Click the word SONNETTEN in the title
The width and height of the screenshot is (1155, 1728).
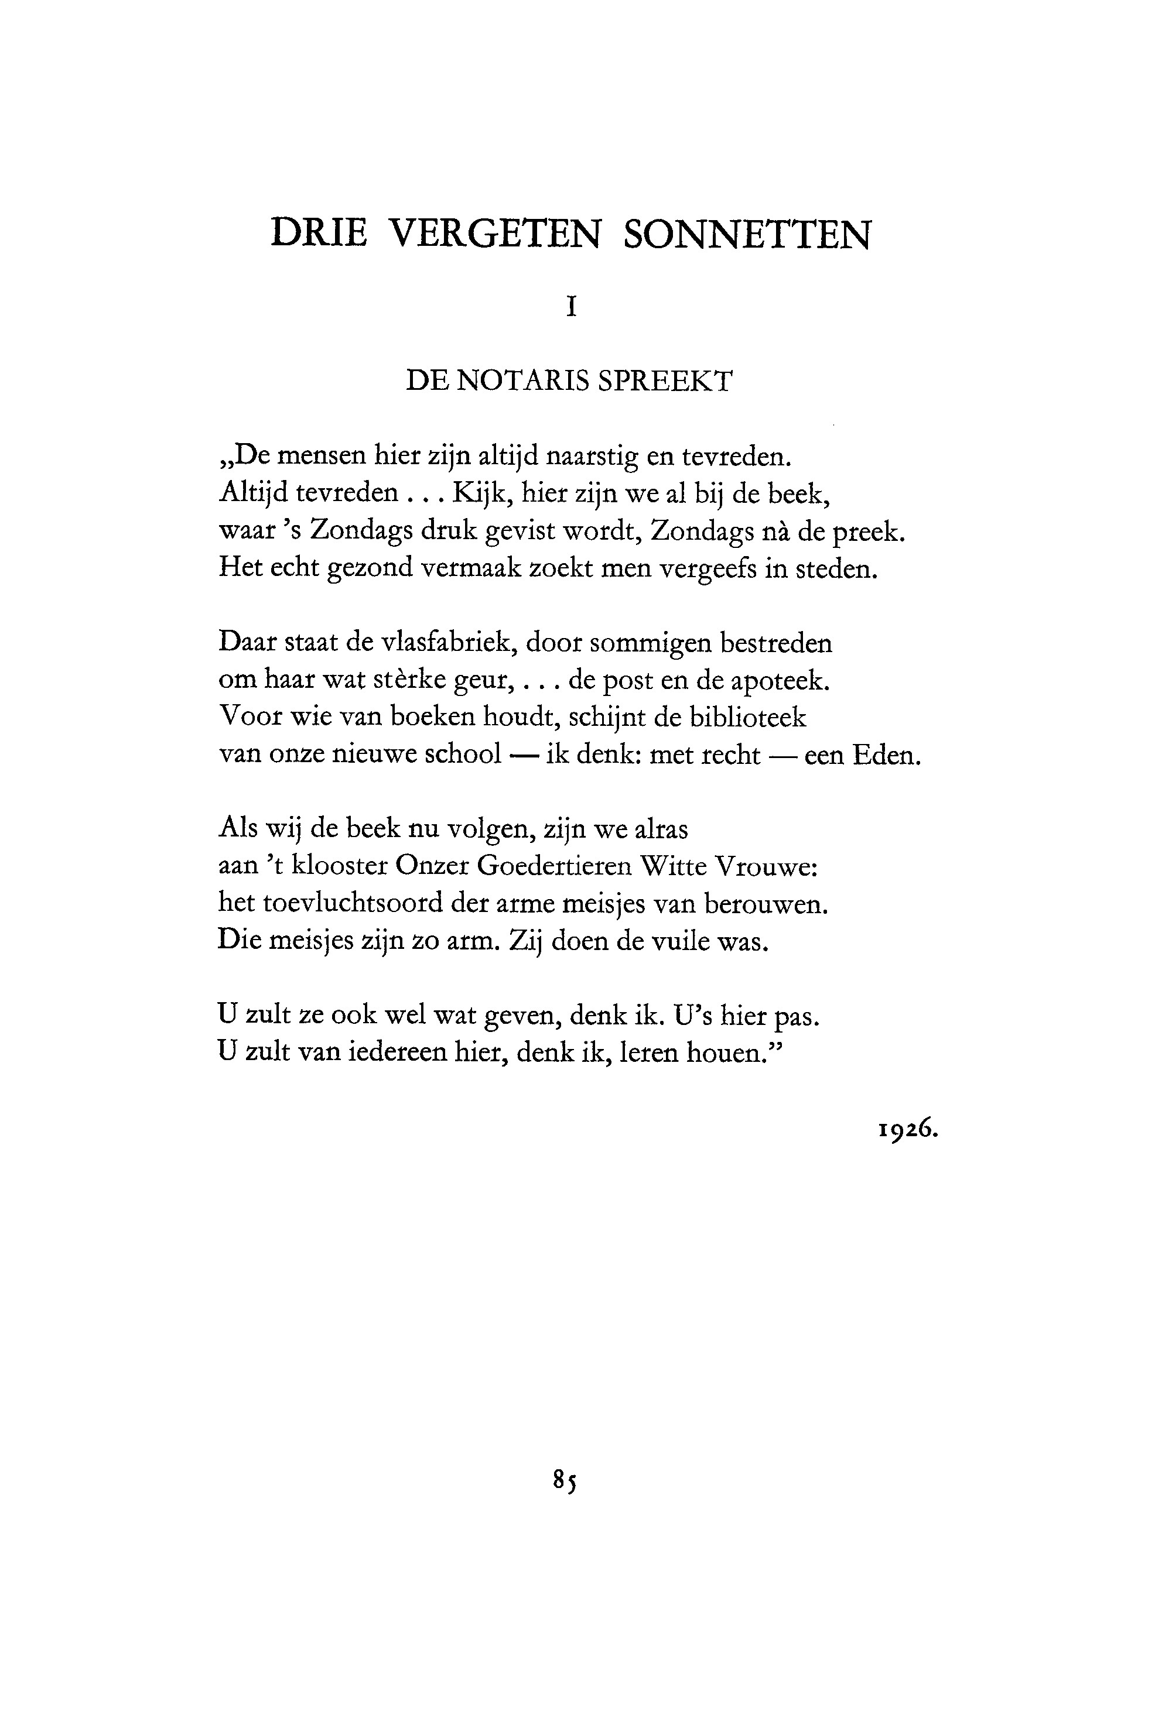pos(747,234)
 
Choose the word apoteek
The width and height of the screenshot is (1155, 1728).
pos(780,681)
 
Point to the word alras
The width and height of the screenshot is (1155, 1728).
pos(661,829)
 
